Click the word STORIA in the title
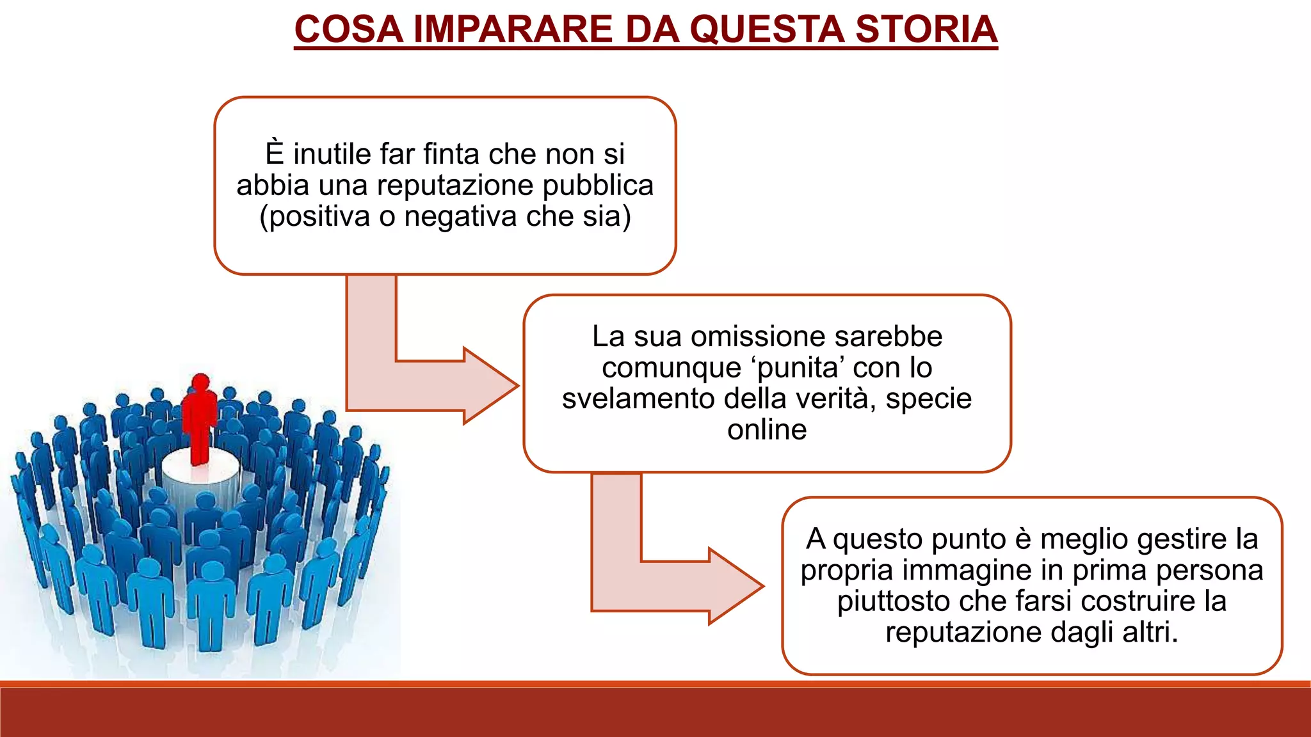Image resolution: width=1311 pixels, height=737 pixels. tap(926, 29)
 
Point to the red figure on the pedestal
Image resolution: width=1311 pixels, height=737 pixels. tap(200, 419)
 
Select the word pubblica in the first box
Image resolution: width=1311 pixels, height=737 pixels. tap(598, 186)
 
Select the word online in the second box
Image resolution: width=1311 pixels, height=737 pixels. tap(767, 429)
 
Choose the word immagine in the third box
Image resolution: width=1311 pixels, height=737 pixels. tap(965, 570)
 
